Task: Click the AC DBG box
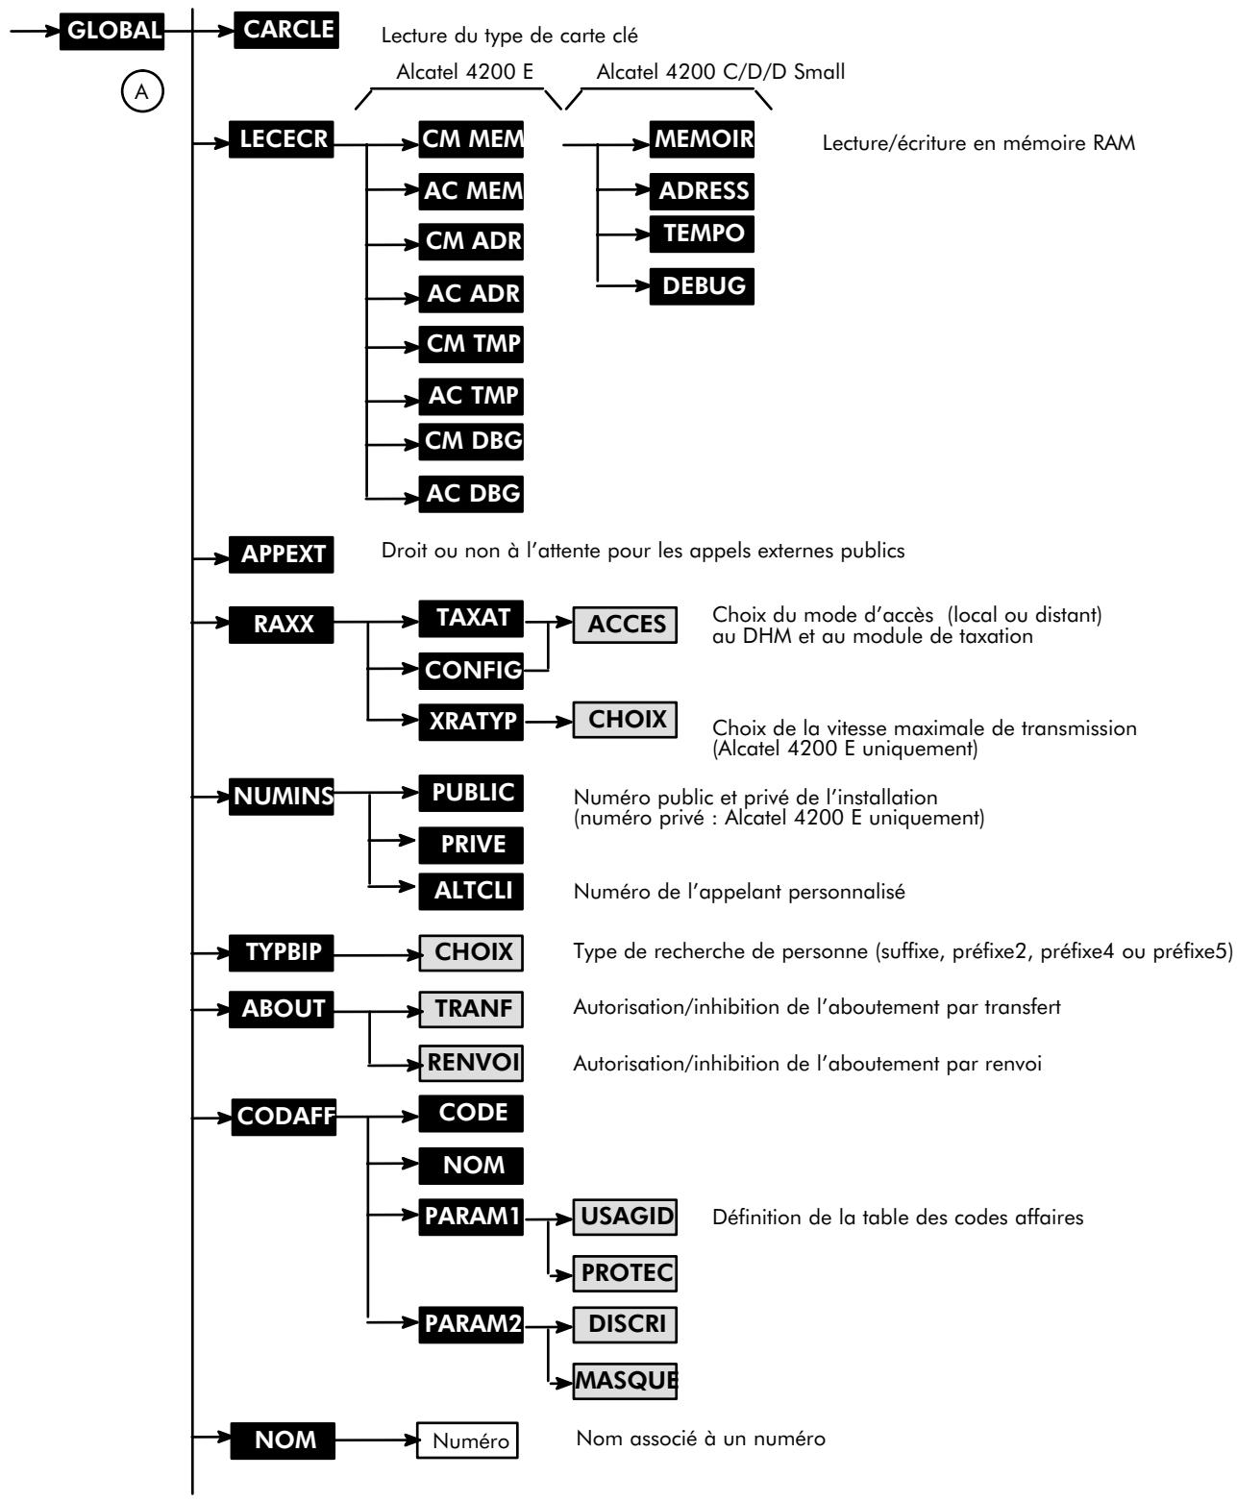471,493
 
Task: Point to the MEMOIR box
702,141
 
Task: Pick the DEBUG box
702,284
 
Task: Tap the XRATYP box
471,720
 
